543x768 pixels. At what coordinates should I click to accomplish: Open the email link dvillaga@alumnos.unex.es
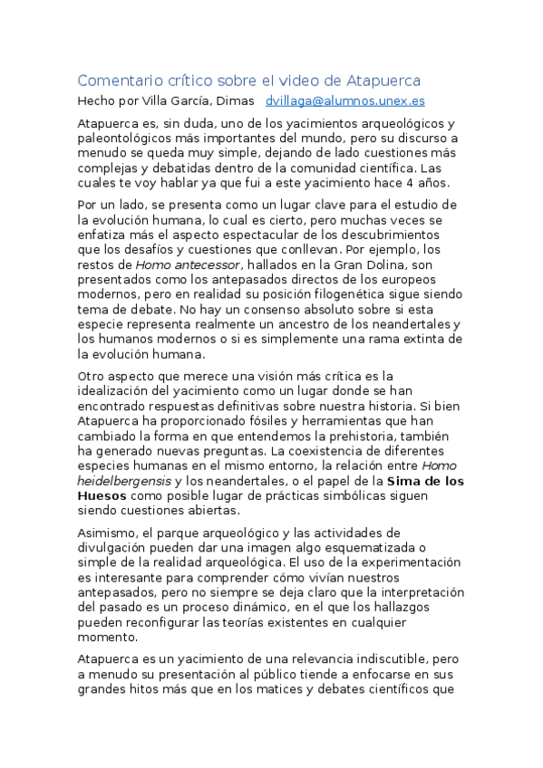point(344,101)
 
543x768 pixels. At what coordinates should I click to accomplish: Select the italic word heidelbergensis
point(124,481)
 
